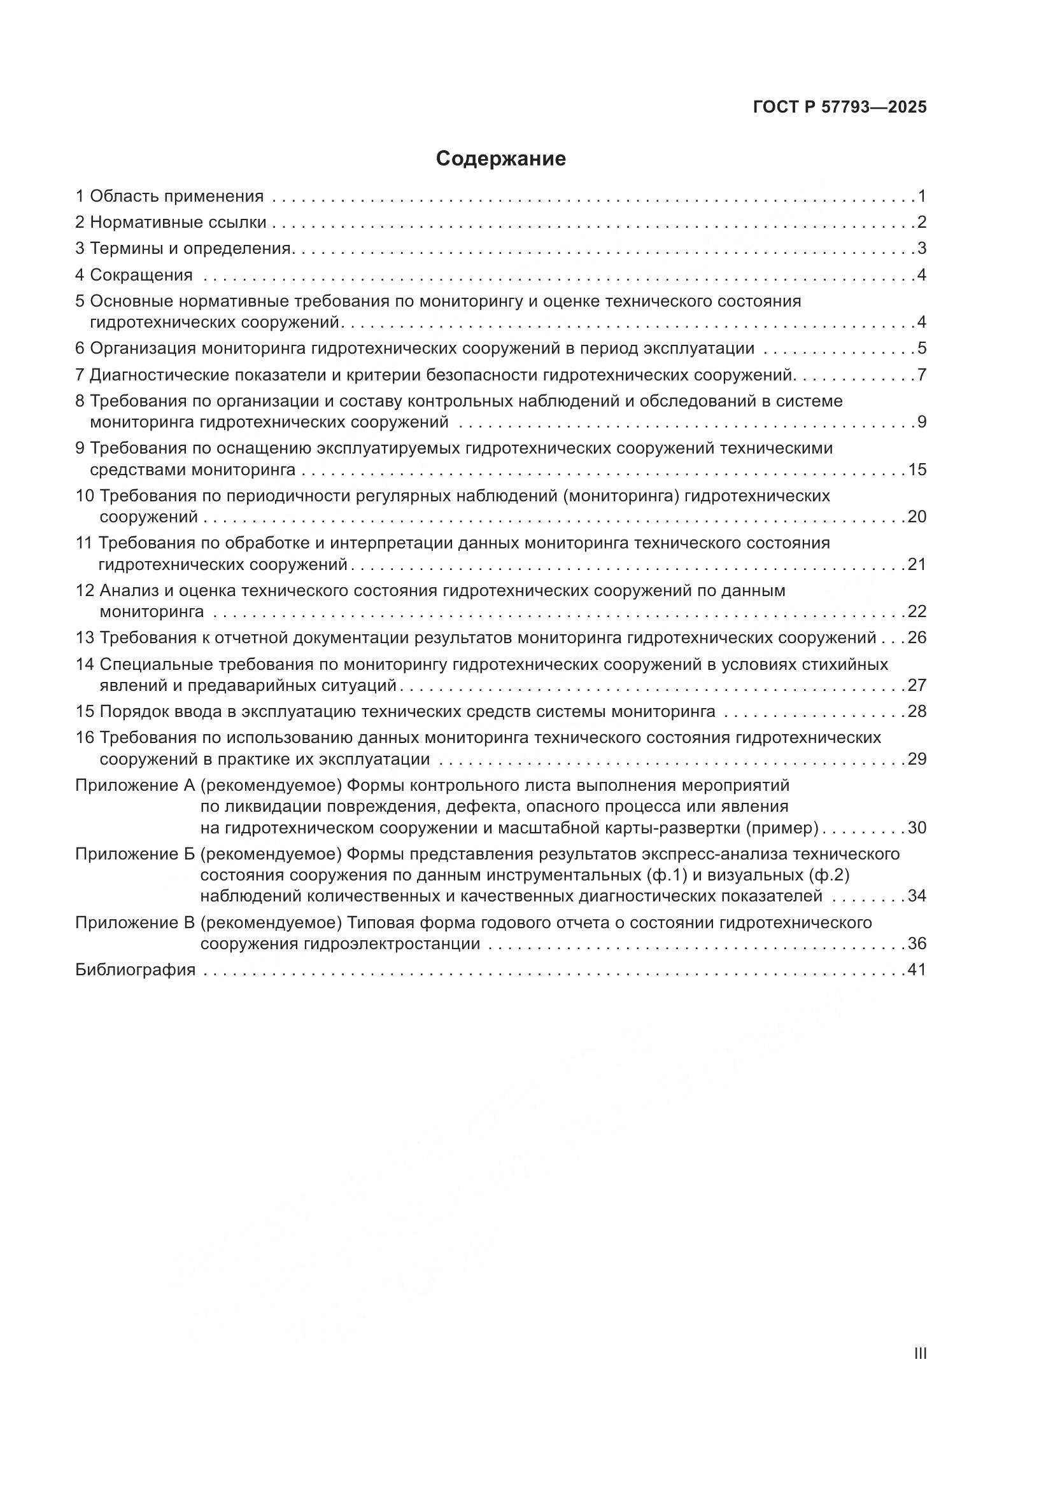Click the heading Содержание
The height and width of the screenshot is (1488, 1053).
click(500, 159)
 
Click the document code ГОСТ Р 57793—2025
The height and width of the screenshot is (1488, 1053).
click(840, 108)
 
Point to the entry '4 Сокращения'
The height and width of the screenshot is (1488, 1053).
click(134, 275)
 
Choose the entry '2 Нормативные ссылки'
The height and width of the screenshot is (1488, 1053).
click(171, 222)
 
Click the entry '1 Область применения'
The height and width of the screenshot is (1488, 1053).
click(170, 196)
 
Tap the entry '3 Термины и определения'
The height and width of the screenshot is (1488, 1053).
click(183, 248)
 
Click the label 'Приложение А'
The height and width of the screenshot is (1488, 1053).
click(135, 786)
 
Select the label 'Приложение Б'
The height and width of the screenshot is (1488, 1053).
click(135, 854)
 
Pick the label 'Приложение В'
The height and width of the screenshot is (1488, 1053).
click(135, 922)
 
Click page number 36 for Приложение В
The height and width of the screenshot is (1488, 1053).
click(917, 943)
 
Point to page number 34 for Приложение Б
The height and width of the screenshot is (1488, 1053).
click(917, 896)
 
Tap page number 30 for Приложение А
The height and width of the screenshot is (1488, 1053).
click(917, 828)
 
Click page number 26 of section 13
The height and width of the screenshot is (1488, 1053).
click(917, 637)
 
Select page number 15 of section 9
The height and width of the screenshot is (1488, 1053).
click(917, 470)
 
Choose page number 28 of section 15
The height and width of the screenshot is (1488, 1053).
click(917, 712)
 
